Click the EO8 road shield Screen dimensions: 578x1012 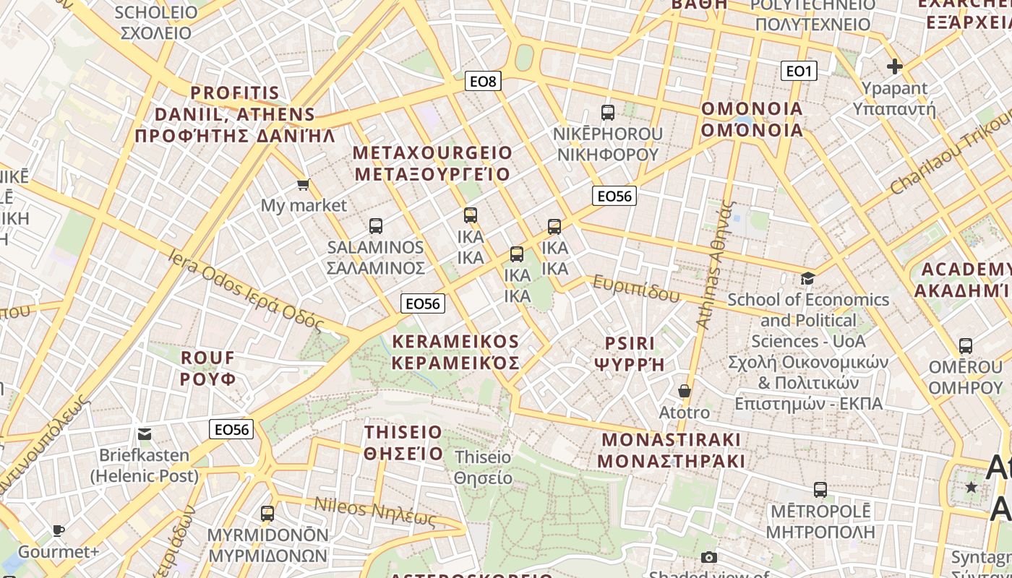[483, 81]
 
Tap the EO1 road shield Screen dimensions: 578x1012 [799, 71]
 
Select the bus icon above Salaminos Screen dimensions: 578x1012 [375, 226]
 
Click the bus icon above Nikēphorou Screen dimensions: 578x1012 [607, 113]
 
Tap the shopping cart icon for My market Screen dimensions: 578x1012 [304, 185]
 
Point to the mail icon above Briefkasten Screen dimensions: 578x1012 [145, 434]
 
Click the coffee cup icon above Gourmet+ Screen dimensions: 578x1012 [59, 531]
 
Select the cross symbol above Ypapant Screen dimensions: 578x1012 [894, 67]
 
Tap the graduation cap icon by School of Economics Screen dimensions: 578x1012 [807, 279]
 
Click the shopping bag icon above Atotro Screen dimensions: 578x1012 [684, 392]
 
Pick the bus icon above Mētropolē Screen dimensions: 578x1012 [820, 490]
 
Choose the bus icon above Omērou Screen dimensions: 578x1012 [965, 346]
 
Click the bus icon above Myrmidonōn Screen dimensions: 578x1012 [267, 514]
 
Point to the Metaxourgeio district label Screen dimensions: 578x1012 [432, 163]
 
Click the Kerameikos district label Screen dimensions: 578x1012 [455, 352]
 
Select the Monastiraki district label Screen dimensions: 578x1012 [671, 450]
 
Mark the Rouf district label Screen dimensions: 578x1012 [208, 368]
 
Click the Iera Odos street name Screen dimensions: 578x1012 [246, 288]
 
